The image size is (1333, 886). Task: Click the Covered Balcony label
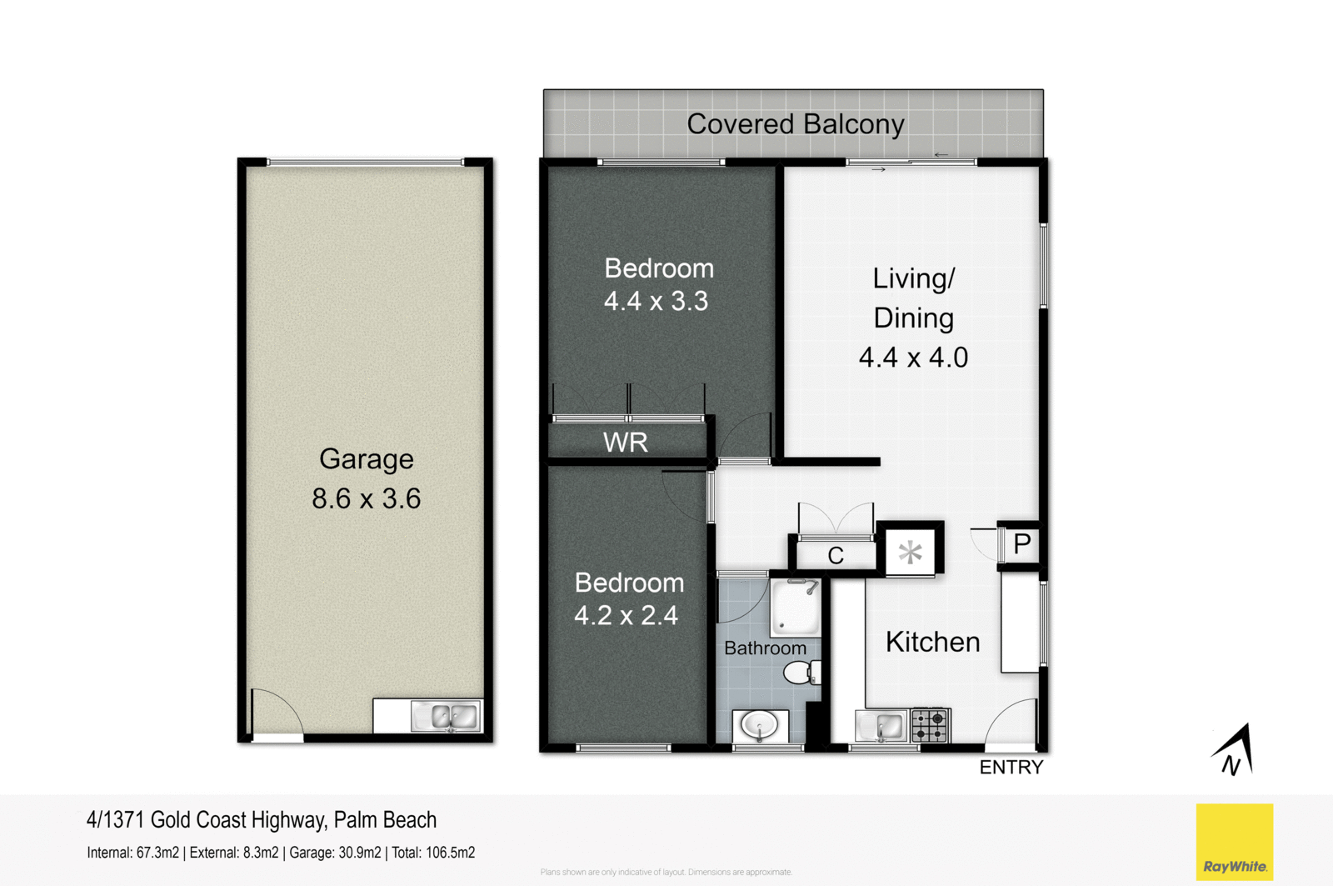point(795,124)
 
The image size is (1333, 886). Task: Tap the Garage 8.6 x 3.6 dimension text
point(366,498)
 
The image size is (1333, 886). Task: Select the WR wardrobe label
point(625,442)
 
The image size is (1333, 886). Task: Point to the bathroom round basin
point(759,725)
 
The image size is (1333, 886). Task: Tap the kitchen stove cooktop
point(930,725)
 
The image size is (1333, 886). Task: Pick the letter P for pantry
point(1022,544)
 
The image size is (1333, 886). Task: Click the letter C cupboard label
point(836,556)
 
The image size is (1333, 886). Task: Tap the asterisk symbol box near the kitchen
point(910,551)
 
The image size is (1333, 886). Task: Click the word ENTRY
point(1011,768)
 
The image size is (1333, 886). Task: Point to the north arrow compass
point(1234,750)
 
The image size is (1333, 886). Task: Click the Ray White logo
point(1234,842)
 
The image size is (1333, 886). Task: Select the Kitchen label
point(932,642)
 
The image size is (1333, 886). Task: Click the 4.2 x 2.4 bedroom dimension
point(626,616)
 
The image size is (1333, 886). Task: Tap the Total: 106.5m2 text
point(433,853)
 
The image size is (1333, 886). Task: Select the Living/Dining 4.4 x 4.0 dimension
point(913,358)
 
